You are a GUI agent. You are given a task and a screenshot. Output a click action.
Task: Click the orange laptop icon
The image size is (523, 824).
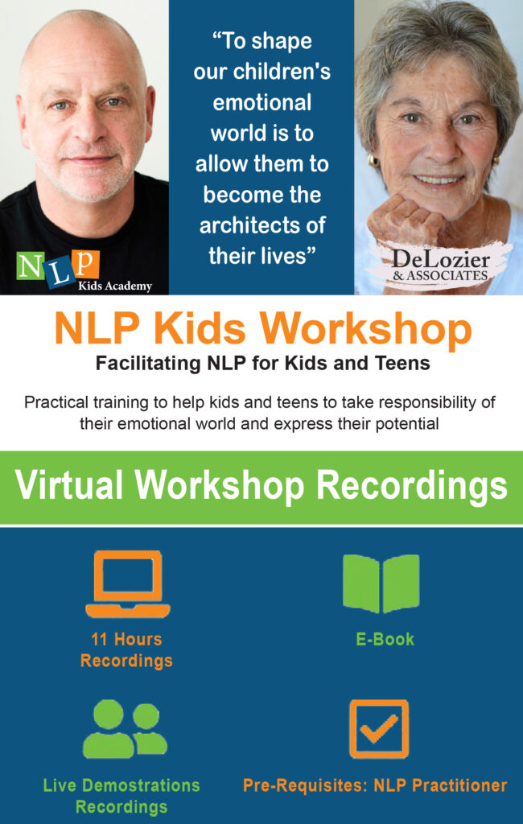tap(128, 584)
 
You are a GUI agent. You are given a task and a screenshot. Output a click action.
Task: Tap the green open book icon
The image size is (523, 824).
tap(381, 584)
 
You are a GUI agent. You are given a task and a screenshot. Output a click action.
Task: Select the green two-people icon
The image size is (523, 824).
tap(125, 729)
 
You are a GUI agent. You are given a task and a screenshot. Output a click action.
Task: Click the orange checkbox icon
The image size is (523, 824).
tap(379, 729)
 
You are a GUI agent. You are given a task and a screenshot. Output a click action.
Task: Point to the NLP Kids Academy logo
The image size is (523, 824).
tap(84, 270)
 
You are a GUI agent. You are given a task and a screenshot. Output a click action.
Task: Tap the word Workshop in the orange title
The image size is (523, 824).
tap(366, 330)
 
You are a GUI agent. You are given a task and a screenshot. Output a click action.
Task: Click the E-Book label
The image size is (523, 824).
tap(385, 639)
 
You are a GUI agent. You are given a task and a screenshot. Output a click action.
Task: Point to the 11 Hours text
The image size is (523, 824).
tap(126, 639)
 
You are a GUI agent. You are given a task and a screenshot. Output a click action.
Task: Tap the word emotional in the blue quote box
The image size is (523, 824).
tap(261, 102)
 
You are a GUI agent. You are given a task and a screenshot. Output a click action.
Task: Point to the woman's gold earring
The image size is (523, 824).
tap(373, 161)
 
